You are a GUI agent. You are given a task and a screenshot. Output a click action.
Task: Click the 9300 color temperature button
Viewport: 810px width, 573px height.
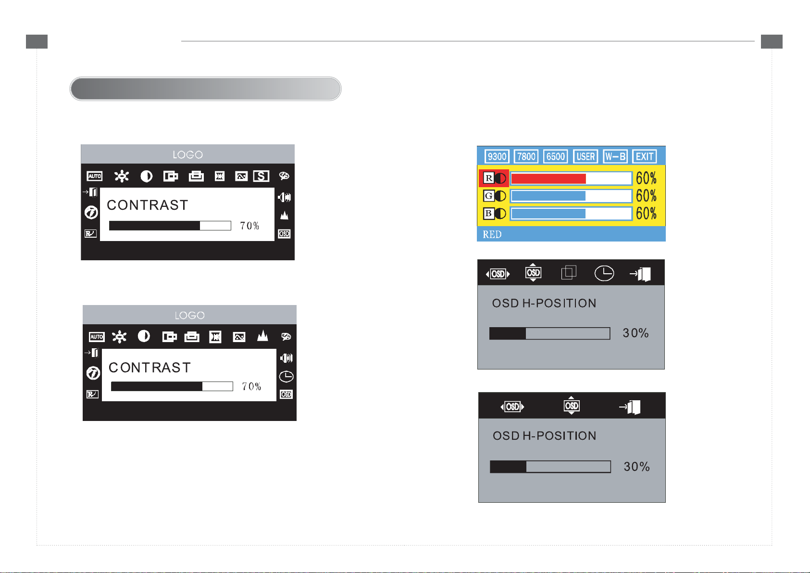497,156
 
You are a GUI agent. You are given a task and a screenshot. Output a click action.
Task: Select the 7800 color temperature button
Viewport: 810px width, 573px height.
526,156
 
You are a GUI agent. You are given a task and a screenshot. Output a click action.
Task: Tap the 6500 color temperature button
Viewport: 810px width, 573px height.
555,156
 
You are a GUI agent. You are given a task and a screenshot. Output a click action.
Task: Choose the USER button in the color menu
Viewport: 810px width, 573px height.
586,156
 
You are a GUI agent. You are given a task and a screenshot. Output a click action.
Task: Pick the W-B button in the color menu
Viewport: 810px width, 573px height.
615,156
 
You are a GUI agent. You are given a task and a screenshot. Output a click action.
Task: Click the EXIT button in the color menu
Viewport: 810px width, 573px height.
644,156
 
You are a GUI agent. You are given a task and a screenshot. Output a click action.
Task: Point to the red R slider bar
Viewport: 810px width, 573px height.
571,178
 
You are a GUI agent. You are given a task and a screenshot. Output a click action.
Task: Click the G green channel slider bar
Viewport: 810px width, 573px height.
571,196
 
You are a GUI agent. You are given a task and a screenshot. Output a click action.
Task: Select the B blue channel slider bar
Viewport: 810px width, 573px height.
571,214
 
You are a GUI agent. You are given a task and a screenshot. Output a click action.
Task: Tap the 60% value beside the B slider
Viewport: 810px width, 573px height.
646,214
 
